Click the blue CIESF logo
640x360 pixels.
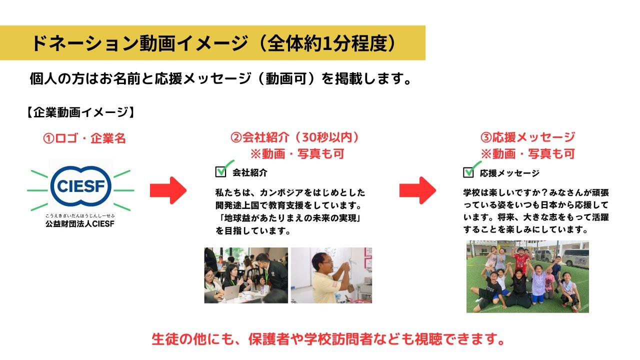[81, 186]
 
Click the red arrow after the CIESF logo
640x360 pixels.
[168, 190]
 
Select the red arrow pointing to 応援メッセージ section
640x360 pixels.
[417, 190]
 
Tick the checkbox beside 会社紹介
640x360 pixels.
[221, 171]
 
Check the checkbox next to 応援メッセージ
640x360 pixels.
[468, 172]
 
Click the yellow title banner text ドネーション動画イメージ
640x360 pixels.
[140, 43]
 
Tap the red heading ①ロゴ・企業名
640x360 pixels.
[84, 138]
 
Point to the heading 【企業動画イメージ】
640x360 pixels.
[80, 112]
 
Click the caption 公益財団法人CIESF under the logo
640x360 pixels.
[80, 223]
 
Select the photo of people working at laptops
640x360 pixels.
[246, 275]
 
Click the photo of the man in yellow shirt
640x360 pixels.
[331, 275]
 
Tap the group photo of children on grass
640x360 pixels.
[527, 276]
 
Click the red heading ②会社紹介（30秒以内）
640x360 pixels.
[295, 137]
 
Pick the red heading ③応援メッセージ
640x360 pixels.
[527, 137]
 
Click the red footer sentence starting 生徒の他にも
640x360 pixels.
[328, 339]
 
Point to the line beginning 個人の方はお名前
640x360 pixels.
[220, 78]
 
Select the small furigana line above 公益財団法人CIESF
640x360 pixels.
[80, 215]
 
